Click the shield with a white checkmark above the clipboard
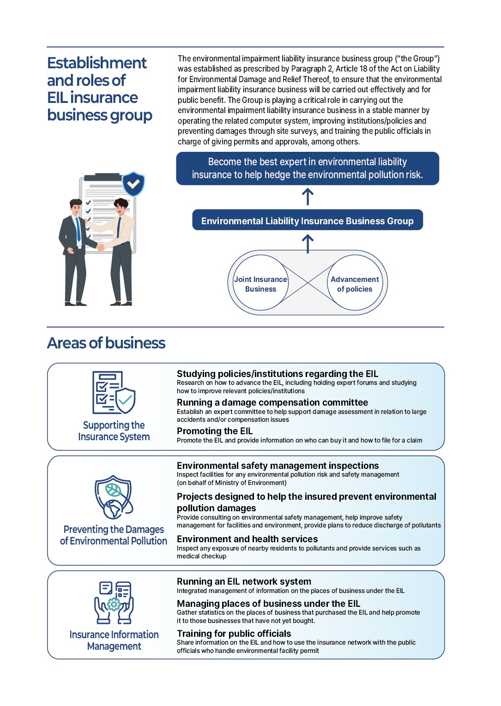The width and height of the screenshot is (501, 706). point(133,184)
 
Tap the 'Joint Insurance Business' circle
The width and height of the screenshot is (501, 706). point(260,283)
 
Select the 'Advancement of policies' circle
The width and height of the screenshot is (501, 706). point(355,283)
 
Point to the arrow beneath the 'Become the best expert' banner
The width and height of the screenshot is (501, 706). point(308,197)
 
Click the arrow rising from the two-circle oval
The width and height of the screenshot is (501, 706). point(308,244)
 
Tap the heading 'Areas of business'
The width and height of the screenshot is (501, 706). point(106,343)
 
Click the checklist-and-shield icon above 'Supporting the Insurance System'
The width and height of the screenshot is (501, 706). point(114,393)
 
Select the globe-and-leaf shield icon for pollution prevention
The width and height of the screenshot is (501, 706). point(114,497)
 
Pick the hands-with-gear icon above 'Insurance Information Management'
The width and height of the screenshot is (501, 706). point(114,602)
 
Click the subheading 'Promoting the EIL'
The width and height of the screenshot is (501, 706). point(215,431)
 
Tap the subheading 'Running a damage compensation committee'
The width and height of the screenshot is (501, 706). point(272,402)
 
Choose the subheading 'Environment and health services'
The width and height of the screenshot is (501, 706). point(247,539)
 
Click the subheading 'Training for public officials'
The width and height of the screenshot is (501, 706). point(234,634)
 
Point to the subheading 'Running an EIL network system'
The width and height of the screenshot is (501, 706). point(244,581)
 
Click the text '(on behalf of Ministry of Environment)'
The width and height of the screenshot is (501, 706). point(232,483)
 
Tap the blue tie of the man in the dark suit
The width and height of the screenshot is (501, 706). point(78,229)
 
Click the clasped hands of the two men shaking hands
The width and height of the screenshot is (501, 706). point(100,247)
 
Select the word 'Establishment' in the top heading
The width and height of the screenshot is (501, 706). point(97,63)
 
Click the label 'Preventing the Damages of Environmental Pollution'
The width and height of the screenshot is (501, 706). point(114,535)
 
